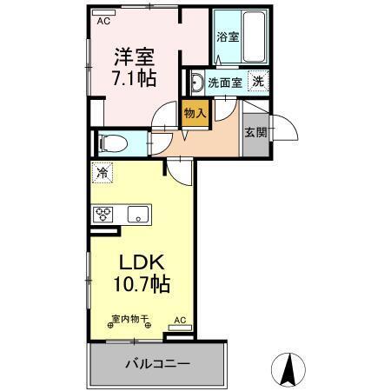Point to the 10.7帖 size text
[139, 284]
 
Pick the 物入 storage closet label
[195, 112]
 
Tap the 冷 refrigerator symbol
[103, 173]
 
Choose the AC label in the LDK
[180, 320]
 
